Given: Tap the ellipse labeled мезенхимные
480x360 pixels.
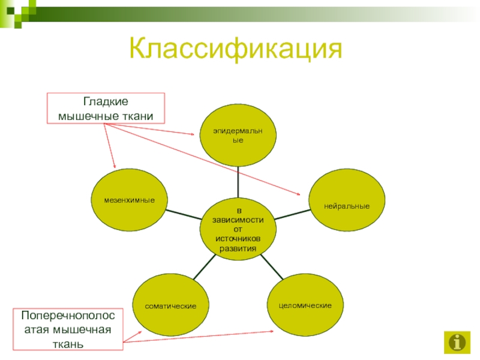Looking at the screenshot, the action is (129, 199).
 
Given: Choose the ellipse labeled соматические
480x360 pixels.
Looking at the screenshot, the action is (171, 306).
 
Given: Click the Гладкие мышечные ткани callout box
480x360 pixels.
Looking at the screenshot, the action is (106, 108).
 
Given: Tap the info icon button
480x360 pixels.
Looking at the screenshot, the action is (457, 342).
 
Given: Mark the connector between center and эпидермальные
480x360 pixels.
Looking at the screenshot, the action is (238, 182).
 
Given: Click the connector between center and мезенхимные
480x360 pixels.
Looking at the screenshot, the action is (182, 214).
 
